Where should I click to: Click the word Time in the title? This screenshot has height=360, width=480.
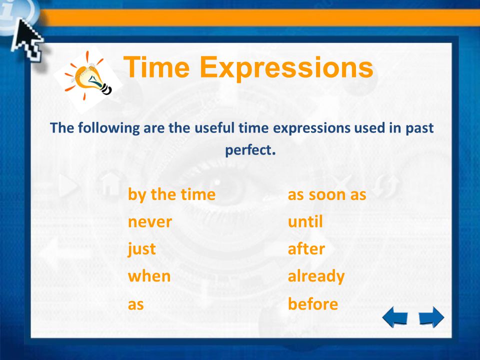156,67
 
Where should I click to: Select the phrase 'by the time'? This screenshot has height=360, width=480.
171,194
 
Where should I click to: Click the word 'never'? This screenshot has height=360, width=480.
150,221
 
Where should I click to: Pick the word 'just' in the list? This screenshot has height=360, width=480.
142,249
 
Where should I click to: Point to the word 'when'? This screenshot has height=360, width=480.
149,276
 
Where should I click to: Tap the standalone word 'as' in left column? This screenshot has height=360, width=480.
136,304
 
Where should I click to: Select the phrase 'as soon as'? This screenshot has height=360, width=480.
327,194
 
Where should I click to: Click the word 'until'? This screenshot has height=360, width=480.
305,221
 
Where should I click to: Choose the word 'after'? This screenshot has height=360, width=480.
306,249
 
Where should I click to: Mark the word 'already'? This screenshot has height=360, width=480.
316,276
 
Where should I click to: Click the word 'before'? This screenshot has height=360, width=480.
313,304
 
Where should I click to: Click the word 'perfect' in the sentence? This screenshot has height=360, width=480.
248,149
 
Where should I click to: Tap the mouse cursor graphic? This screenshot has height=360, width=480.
27,40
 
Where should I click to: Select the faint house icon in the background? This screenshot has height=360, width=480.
109,185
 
